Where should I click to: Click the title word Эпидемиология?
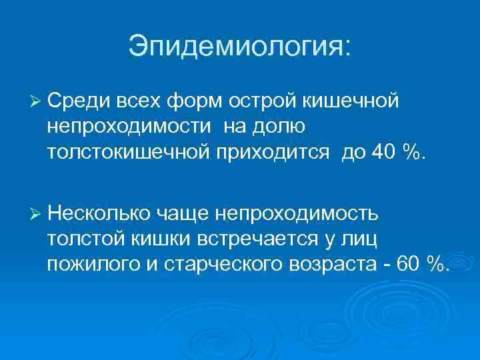coord(237,47)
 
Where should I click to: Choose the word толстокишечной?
coord(130,153)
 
